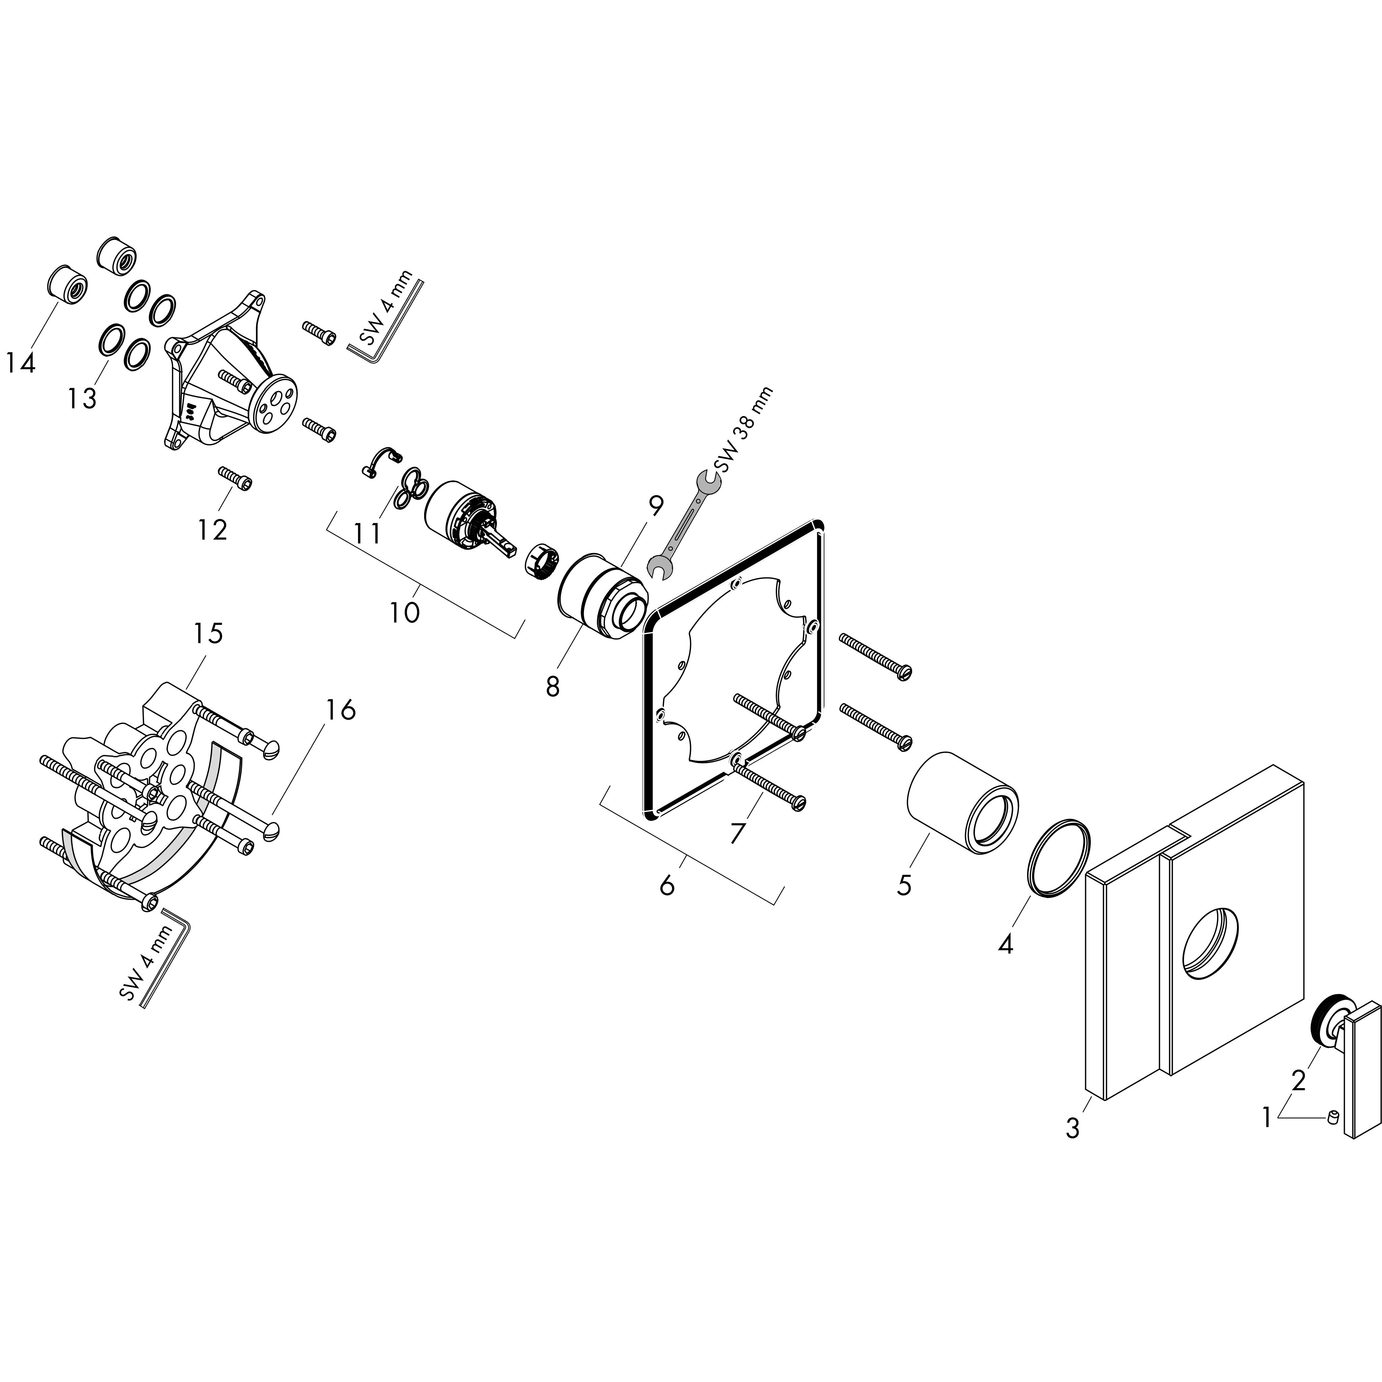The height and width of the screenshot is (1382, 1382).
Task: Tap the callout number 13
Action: pyautogui.click(x=82, y=398)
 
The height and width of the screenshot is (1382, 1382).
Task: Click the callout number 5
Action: pyautogui.click(x=904, y=885)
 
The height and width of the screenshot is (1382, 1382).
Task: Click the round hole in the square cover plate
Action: pyautogui.click(x=1210, y=942)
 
